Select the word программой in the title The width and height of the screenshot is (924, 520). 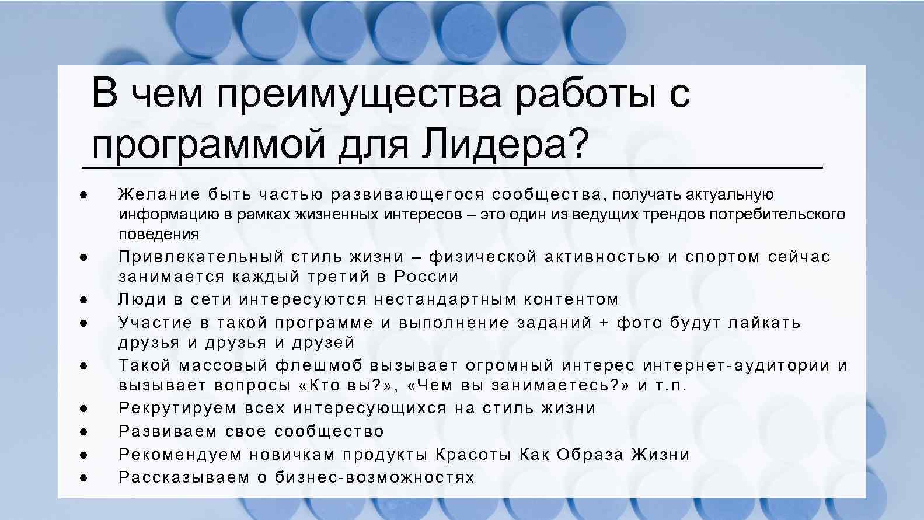[208, 142]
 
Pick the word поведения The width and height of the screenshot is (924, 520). [159, 234]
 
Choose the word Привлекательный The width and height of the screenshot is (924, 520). [200, 257]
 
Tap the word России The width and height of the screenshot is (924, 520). [426, 276]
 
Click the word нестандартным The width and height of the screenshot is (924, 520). [445, 299]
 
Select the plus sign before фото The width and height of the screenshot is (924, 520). [605, 323]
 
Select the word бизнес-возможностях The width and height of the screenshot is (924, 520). [375, 477]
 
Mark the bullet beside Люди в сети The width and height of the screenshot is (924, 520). [83, 299]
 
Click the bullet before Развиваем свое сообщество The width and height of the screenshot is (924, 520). [83, 431]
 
